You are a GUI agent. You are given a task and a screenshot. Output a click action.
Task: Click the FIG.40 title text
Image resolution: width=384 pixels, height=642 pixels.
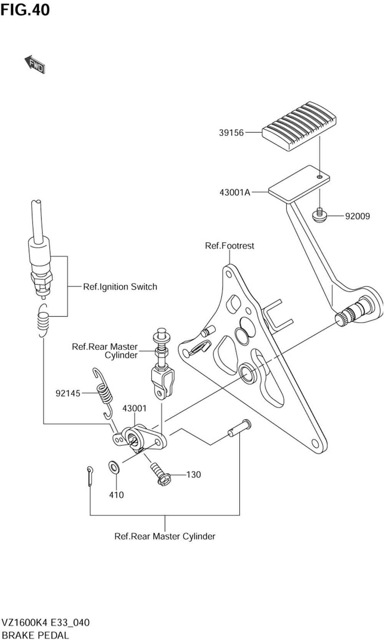[x=25, y=10]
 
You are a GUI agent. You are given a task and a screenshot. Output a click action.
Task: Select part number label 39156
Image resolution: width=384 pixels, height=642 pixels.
[x=232, y=133]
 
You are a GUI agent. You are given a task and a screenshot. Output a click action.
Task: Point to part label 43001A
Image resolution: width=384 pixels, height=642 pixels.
[x=235, y=192]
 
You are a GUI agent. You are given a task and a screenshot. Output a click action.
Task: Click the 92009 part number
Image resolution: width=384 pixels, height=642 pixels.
[x=358, y=216]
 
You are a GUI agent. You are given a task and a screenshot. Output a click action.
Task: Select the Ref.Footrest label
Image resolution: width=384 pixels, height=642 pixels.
[x=229, y=246]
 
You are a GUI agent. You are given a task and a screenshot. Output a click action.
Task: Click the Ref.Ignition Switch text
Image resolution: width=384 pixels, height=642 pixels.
[x=120, y=287]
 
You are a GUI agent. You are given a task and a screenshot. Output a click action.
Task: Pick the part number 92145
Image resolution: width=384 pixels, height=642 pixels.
[x=68, y=393]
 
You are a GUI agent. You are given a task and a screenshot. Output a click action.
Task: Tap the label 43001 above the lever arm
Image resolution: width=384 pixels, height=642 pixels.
[x=134, y=408]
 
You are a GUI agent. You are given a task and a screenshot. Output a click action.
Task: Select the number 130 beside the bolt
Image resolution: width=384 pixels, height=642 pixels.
[x=194, y=474]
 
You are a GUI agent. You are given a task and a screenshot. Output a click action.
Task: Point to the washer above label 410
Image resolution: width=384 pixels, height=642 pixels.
[x=115, y=468]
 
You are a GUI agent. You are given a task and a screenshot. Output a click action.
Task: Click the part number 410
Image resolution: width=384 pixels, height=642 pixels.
[x=116, y=495]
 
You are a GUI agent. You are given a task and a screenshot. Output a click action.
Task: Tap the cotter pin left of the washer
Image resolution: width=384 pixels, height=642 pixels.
[x=90, y=476]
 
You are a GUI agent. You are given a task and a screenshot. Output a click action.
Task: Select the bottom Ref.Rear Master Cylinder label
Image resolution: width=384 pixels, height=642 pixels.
[x=165, y=536]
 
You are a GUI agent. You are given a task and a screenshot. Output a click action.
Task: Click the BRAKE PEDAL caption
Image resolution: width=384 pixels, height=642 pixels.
[x=35, y=635]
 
